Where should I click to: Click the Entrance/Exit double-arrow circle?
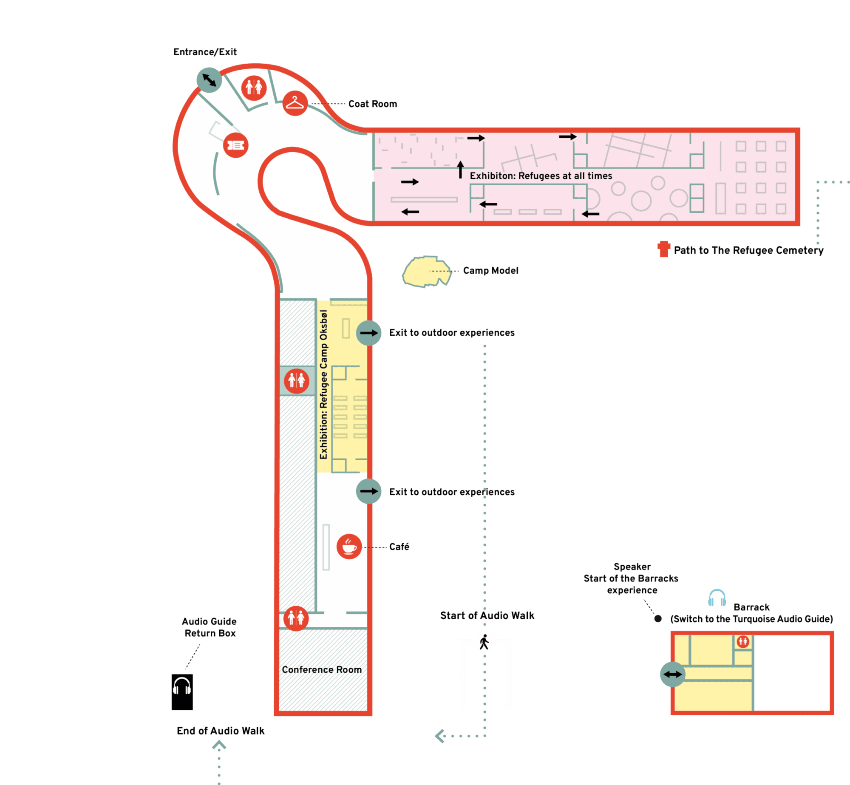tap(209, 80)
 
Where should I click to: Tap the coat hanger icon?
tap(295, 103)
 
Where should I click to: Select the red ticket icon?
tap(235, 145)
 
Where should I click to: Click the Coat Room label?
tap(373, 104)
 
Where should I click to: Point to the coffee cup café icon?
tap(349, 546)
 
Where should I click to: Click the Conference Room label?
tap(322, 669)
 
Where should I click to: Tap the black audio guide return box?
tap(182, 692)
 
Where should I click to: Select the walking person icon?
tap(484, 642)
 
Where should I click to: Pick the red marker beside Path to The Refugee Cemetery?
tap(663, 249)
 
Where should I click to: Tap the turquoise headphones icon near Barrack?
tap(717, 598)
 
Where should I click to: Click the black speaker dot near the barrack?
tap(658, 619)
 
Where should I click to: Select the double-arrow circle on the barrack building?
tap(672, 674)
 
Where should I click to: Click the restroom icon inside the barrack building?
tap(743, 641)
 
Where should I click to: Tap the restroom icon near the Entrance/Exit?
tap(254, 88)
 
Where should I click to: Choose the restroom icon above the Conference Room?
tap(296, 618)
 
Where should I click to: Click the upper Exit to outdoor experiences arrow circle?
tap(368, 333)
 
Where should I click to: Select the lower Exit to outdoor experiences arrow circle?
tap(368, 491)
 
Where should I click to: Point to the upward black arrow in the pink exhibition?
tap(460, 169)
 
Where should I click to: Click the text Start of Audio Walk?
tap(487, 615)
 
